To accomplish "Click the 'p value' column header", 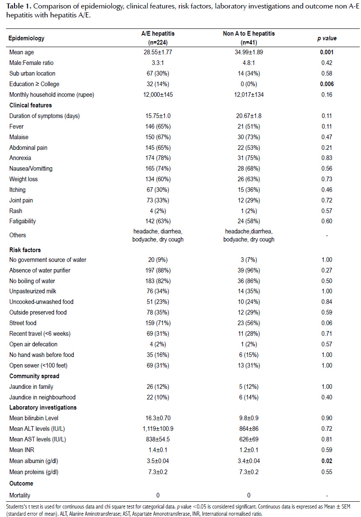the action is pyautogui.click(x=327, y=38).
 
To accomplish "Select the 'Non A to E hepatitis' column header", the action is pyautogui.click(x=249, y=34).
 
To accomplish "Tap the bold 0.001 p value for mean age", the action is pyautogui.click(x=327, y=52).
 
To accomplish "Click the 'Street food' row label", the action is pyautogui.click(x=23, y=323).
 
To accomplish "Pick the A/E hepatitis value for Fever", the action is pyautogui.click(x=158, y=126).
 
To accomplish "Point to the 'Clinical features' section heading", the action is pyautogui.click(x=31, y=105).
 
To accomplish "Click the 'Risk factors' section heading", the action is pyautogui.click(x=25, y=250).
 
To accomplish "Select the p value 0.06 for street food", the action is pyautogui.click(x=327, y=323).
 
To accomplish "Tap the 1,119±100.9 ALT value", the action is pyautogui.click(x=158, y=429).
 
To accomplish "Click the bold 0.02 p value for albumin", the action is pyautogui.click(x=327, y=461).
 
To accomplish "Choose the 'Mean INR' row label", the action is pyautogui.click(x=22, y=450).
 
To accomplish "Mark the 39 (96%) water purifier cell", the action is pyautogui.click(x=249, y=270).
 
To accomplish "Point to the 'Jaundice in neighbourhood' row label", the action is pyautogui.click(x=42, y=397).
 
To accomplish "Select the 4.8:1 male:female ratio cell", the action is pyautogui.click(x=249, y=63).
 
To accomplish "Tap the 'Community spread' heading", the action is pyautogui.click(x=34, y=376).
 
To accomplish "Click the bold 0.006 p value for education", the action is pyautogui.click(x=327, y=84).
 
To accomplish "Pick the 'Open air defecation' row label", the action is pyautogui.click(x=33, y=344).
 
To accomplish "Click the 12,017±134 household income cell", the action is pyautogui.click(x=249, y=95).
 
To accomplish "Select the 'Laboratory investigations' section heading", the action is pyautogui.click(x=43, y=407).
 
